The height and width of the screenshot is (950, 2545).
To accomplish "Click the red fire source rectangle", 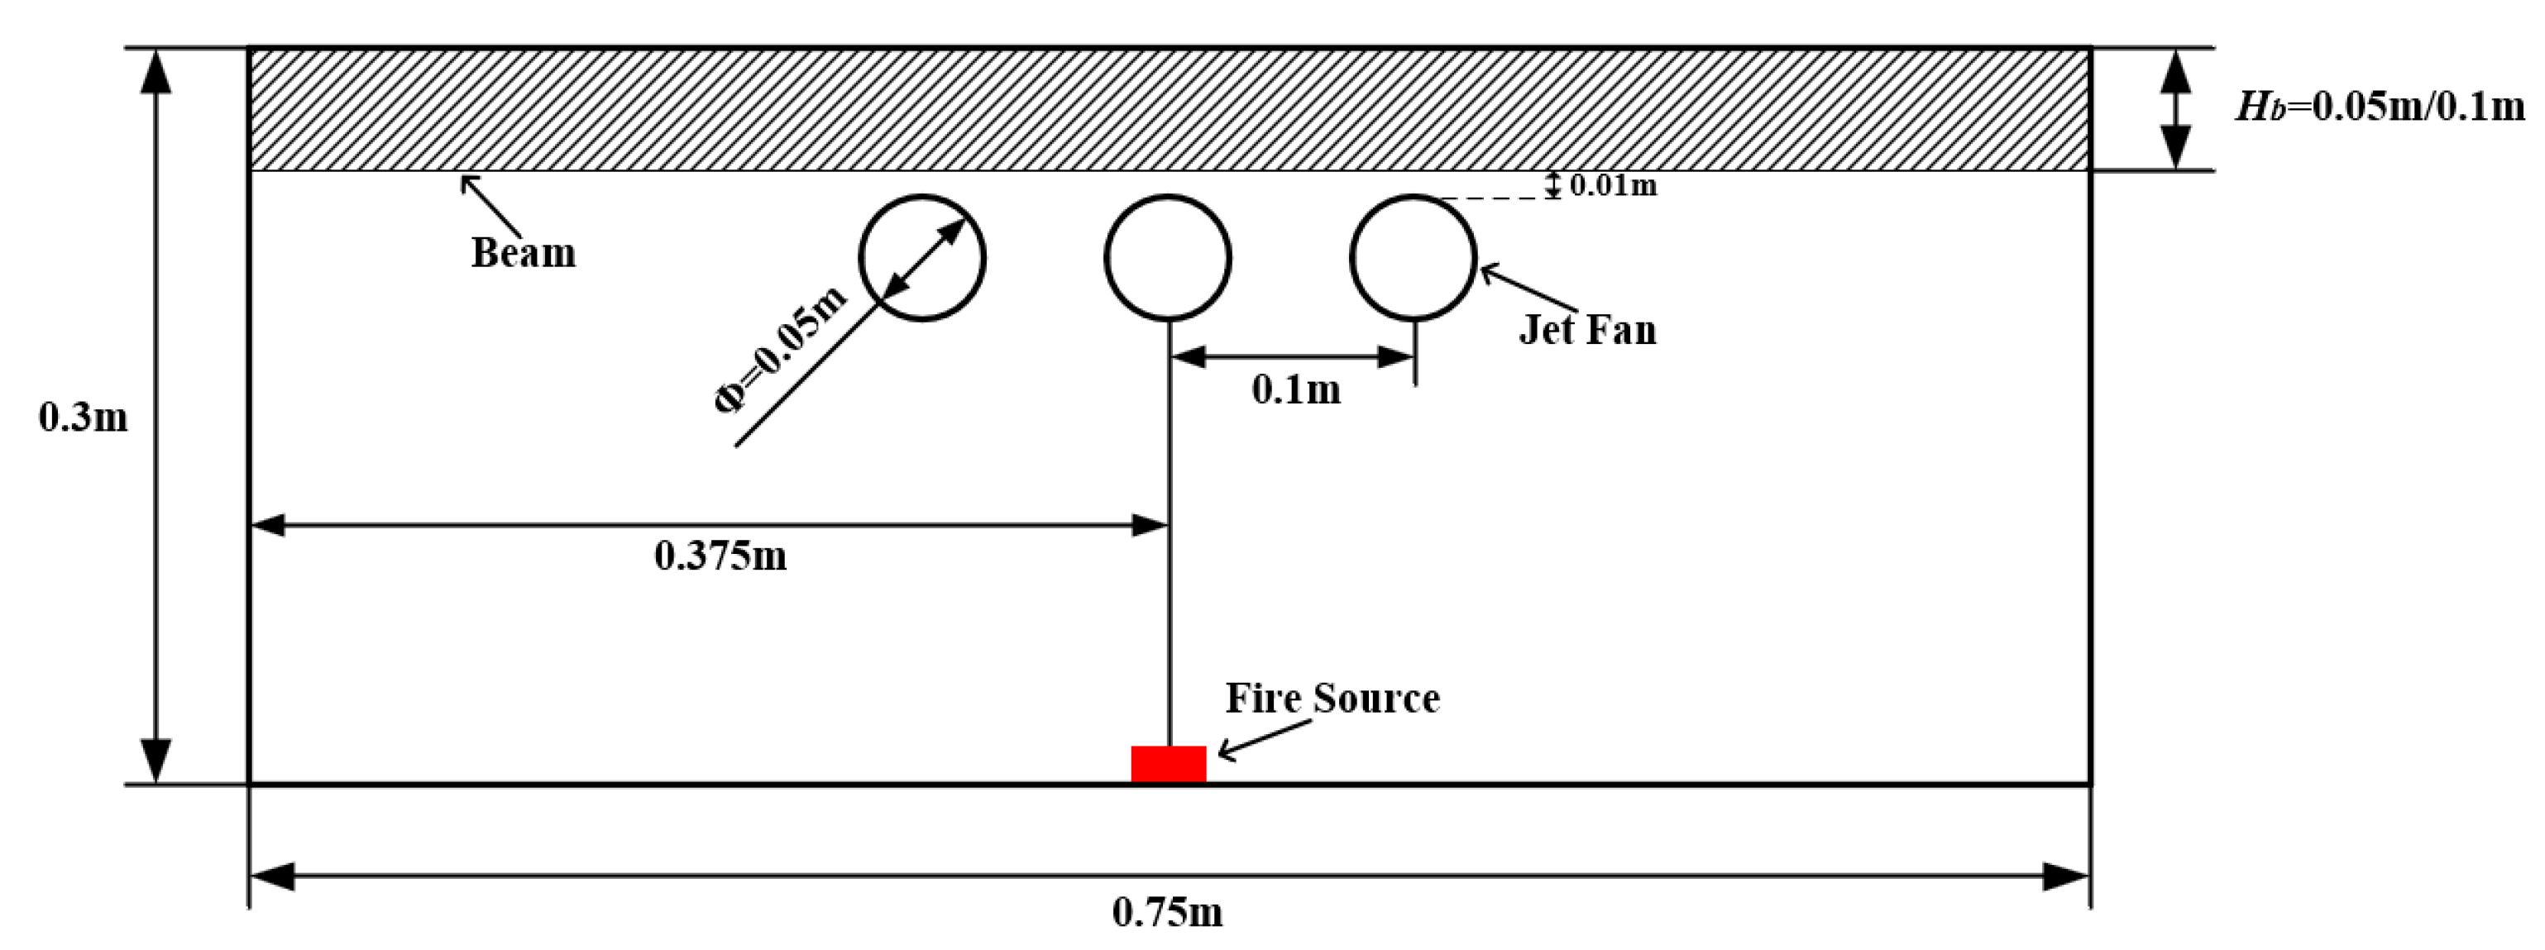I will (x=1168, y=764).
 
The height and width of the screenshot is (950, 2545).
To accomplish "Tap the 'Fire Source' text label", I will (x=1332, y=698).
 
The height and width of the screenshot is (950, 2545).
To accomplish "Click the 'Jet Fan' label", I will (x=1586, y=329).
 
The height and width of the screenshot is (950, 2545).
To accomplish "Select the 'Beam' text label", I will (x=523, y=253).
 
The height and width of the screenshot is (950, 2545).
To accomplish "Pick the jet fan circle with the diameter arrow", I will (x=921, y=258).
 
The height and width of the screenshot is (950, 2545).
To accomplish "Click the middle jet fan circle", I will (x=1168, y=258).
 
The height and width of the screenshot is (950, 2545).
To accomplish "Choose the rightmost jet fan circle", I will (x=1413, y=258).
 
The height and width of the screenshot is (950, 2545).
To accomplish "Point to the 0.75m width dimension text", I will (x=1167, y=911).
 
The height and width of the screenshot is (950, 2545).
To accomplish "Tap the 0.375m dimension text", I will (x=720, y=556).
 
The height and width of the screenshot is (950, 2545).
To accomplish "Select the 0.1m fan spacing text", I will (x=1295, y=390).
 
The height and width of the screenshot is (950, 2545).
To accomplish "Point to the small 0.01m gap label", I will (x=1612, y=184).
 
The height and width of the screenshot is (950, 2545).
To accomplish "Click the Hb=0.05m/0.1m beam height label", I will (x=2379, y=106).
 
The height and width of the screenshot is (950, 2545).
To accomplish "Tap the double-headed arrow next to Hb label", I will (x=2175, y=108).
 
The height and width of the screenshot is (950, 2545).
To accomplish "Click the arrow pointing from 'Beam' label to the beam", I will (x=491, y=205).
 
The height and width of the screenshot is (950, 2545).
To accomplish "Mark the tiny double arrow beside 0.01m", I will (x=1553, y=184).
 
